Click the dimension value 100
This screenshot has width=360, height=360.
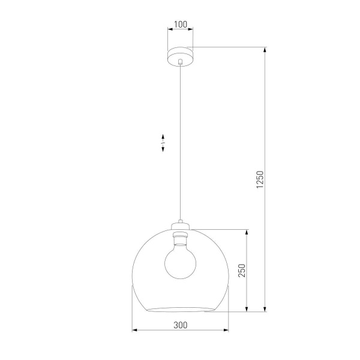click(x=180, y=25)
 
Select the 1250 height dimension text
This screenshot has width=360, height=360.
click(x=260, y=180)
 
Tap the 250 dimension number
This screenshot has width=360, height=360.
click(x=241, y=269)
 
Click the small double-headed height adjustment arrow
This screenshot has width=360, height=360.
click(x=163, y=143)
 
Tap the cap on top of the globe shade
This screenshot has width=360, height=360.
click(x=180, y=226)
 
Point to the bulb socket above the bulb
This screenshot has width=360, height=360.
click(x=180, y=238)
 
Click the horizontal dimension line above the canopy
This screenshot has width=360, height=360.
click(x=180, y=31)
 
